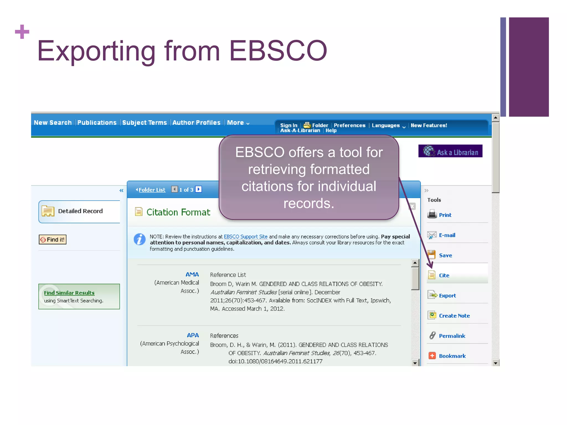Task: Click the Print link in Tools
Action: [x=445, y=215]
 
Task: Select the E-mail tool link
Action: [x=447, y=235]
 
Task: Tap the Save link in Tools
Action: [x=445, y=255]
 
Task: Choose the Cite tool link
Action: [x=444, y=275]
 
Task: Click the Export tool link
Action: [x=447, y=296]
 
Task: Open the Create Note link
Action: [x=454, y=316]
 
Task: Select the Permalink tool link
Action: [x=452, y=336]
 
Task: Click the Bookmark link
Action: [x=452, y=356]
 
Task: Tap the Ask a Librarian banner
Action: [x=450, y=151]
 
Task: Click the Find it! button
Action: [x=53, y=240]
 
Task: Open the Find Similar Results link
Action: [x=69, y=293]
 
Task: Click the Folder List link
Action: [x=152, y=190]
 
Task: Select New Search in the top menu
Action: [x=53, y=123]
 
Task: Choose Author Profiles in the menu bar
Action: [x=196, y=123]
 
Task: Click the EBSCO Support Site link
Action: [x=246, y=237]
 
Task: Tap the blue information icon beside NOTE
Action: [x=140, y=239]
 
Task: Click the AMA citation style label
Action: [x=192, y=274]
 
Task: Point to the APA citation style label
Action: [x=193, y=335]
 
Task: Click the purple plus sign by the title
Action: [x=22, y=32]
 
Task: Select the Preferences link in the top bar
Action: [x=349, y=125]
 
